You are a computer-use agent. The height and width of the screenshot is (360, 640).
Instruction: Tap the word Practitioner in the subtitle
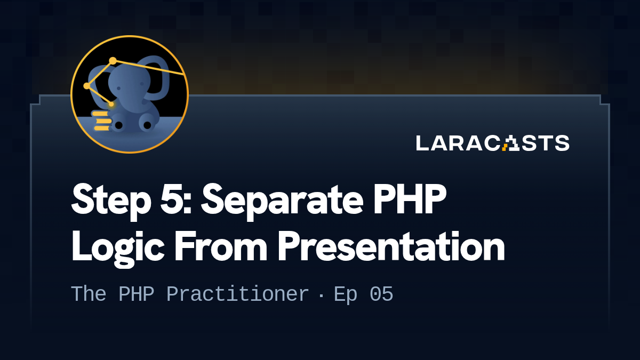click(x=237, y=295)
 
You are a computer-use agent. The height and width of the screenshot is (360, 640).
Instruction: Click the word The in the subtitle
click(x=88, y=294)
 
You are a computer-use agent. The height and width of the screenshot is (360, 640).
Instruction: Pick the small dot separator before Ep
click(x=321, y=295)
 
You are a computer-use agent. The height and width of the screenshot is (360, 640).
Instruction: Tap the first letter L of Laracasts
click(x=422, y=143)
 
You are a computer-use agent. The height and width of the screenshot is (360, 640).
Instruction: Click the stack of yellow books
click(x=101, y=121)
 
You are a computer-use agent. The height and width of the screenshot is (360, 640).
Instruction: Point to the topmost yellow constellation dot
click(x=113, y=61)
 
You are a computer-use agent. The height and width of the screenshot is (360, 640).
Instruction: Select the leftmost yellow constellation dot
click(x=86, y=86)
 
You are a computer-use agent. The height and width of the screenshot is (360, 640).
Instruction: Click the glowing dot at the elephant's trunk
click(x=111, y=104)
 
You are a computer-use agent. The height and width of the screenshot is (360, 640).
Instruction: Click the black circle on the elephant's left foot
click(x=119, y=125)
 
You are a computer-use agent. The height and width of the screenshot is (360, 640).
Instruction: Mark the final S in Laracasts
click(x=562, y=143)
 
